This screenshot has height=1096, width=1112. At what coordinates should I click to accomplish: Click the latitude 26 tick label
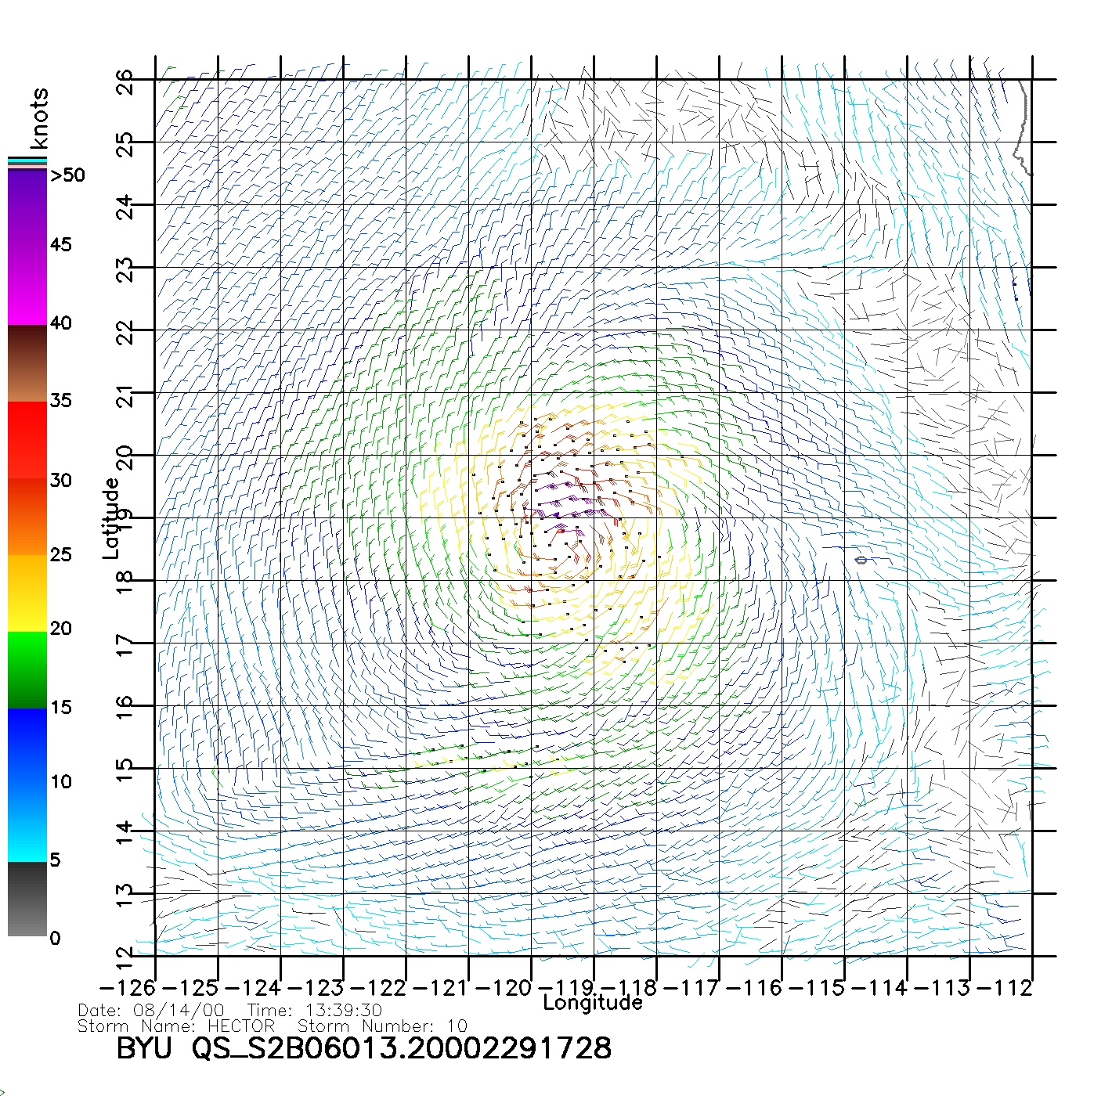[x=126, y=81]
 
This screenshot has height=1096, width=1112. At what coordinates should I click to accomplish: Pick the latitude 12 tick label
[x=126, y=957]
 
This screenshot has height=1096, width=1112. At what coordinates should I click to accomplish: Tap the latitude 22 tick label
[x=126, y=332]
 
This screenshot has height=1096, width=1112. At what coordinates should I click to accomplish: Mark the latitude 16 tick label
[x=126, y=707]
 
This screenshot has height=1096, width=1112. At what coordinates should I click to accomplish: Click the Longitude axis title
[x=593, y=1003]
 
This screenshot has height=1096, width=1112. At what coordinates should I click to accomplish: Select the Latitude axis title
[x=111, y=517]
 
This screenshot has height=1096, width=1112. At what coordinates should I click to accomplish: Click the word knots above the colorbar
[x=39, y=118]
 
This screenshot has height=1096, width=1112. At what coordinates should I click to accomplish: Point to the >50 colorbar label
[x=67, y=175]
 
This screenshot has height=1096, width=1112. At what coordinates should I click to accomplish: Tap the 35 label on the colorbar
[x=60, y=401]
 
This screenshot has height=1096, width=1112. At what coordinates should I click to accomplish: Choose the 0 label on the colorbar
[x=55, y=938]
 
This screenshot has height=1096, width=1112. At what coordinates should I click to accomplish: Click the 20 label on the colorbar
[x=60, y=629]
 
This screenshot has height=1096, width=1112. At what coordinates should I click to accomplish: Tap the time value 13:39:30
[x=344, y=1011]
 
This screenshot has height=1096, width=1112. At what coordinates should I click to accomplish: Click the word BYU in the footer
[x=144, y=1048]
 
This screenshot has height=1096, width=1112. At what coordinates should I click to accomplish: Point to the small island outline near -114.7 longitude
[x=861, y=560]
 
